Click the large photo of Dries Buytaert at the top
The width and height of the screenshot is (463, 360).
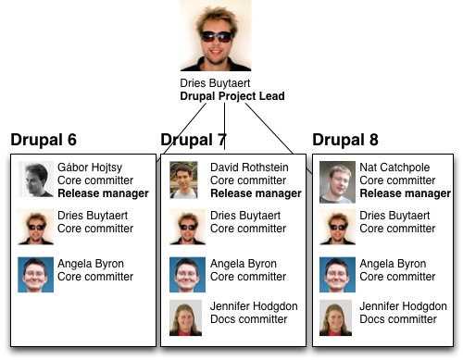216,36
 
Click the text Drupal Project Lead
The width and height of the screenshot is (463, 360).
231,95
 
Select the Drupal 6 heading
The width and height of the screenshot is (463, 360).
44,141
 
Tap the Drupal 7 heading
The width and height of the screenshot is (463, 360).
194,141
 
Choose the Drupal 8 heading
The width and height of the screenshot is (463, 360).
345,141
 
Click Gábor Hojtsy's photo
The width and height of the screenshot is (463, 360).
36,179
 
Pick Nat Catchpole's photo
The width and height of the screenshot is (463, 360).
338,181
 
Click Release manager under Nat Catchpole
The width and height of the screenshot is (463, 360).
405,193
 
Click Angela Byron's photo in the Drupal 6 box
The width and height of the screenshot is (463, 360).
36,275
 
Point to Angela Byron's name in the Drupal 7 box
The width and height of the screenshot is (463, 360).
244,263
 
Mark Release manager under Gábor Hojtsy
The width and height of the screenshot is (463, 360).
103,193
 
